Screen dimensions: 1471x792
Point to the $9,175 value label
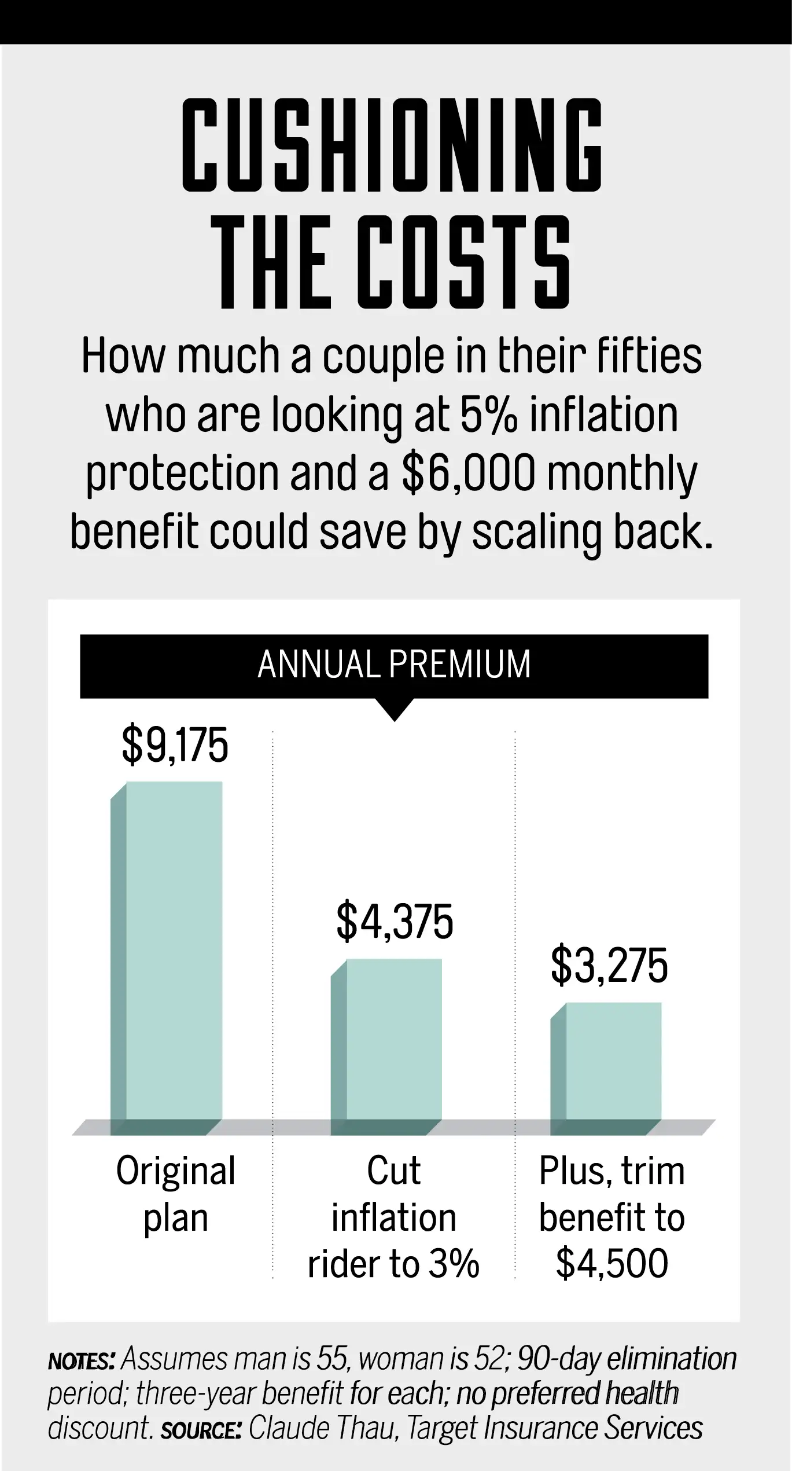(175, 746)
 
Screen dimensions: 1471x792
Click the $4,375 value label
(395, 922)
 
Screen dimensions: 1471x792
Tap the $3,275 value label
(609, 966)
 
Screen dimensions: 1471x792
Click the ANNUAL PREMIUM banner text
(394, 665)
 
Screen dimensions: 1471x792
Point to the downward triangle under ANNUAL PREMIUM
(395, 708)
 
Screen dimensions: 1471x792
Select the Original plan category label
(176, 1194)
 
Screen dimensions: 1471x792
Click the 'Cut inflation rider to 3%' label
(394, 1217)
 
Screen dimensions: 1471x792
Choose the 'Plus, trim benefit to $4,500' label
(612, 1217)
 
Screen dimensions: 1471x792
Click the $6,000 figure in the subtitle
(468, 473)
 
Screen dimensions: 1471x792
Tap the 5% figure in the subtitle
(488, 414)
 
